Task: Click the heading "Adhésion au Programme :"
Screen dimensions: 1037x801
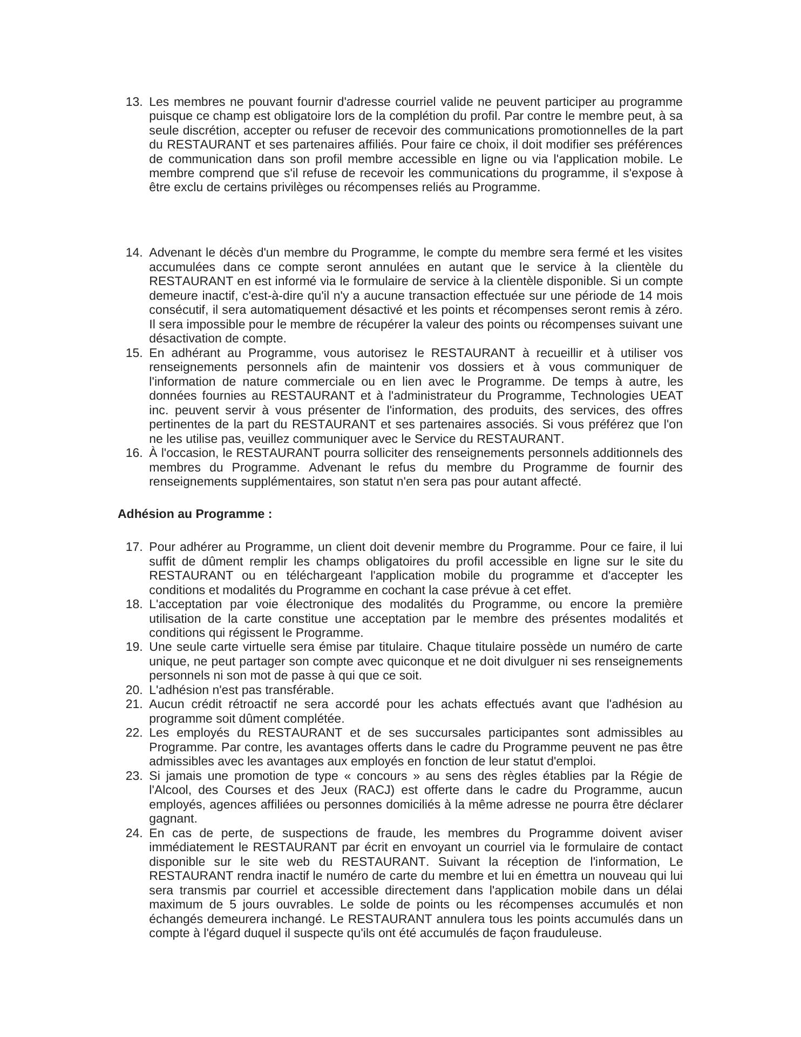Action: pos(195,514)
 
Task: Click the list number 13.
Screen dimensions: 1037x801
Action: pos(133,102)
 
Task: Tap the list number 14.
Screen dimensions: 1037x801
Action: pos(133,253)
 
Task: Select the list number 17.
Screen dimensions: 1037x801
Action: pos(133,547)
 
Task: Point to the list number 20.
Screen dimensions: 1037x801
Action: pos(133,690)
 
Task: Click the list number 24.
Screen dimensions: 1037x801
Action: pos(133,833)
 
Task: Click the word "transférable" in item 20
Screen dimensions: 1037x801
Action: pos(303,690)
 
